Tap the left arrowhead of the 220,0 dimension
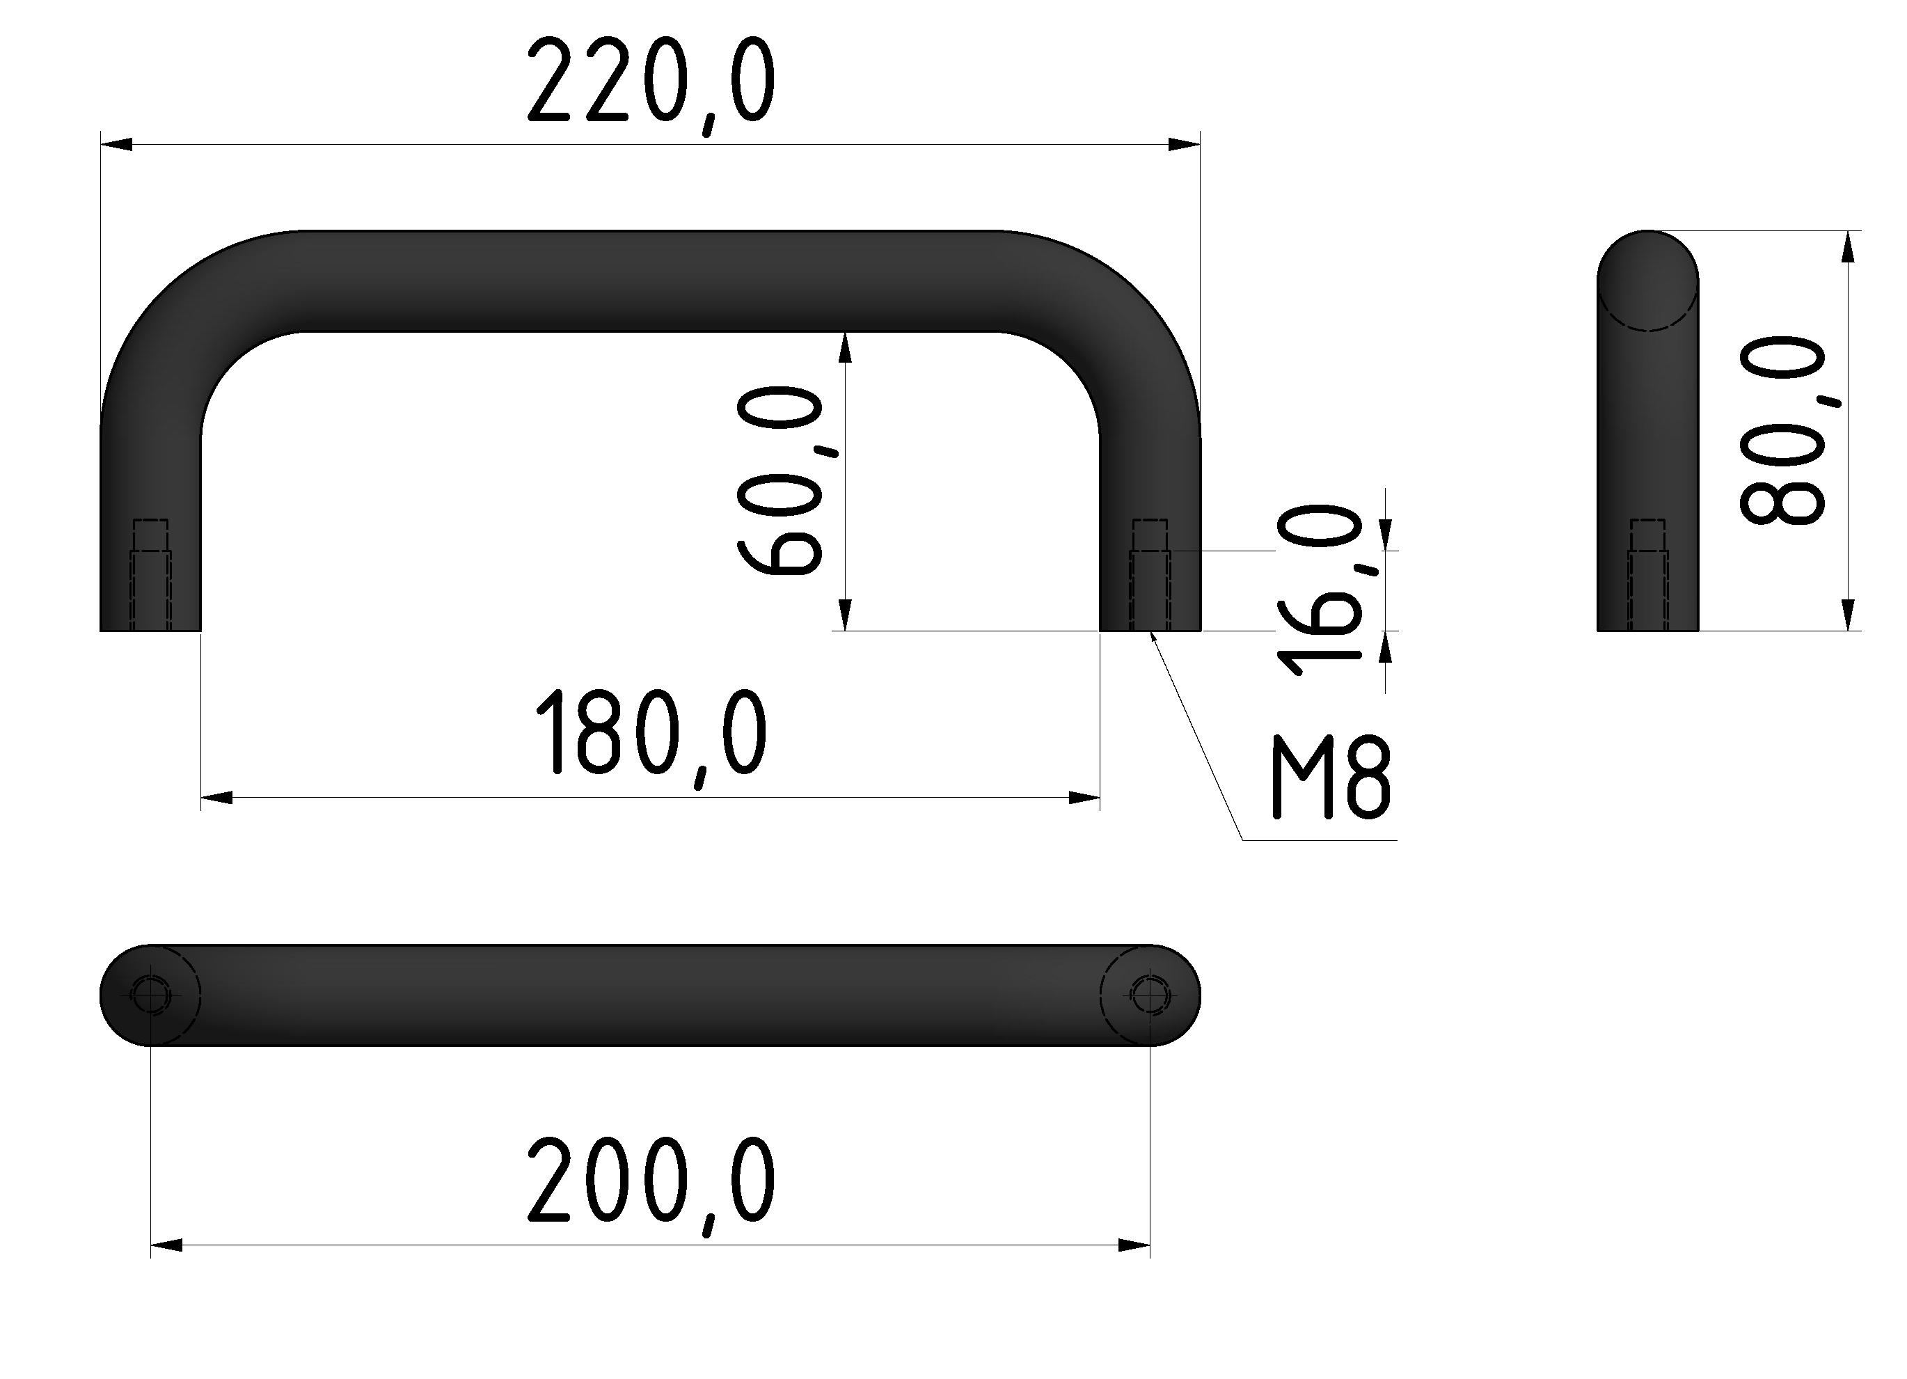tap(116, 145)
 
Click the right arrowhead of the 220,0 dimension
tap(1184, 145)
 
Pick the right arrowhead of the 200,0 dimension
tap(1134, 1245)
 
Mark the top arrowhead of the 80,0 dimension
tap(1847, 247)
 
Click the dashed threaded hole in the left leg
tap(150, 575)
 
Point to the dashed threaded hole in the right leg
tap(1149, 575)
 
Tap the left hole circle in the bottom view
tap(150, 995)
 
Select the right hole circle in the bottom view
tap(1149, 995)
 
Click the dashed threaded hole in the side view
tap(1647, 575)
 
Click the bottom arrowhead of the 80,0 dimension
tap(1847, 614)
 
